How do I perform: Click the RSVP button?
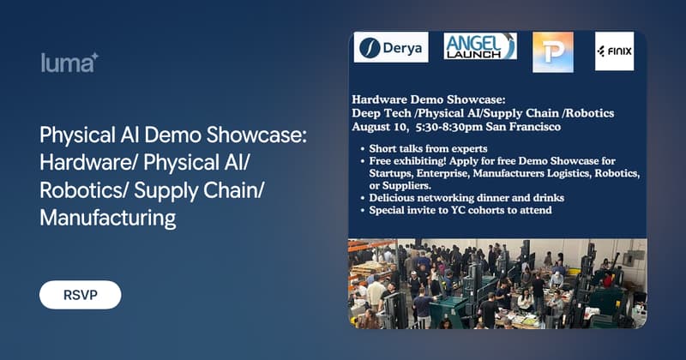[x=80, y=295]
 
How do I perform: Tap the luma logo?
[x=69, y=63]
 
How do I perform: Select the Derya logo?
[x=391, y=47]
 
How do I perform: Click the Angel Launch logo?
[x=480, y=46]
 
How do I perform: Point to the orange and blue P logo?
[x=553, y=52]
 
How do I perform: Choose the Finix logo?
[x=614, y=51]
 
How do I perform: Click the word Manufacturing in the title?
[x=108, y=219]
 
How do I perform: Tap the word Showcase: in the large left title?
[x=256, y=135]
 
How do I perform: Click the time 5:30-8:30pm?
[x=445, y=127]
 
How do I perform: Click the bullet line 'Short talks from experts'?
[x=428, y=149]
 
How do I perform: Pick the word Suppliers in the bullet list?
[x=400, y=186]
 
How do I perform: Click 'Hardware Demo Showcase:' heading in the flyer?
[x=429, y=99]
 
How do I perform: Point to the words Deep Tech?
[x=382, y=113]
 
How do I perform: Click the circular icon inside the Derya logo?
[x=370, y=48]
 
